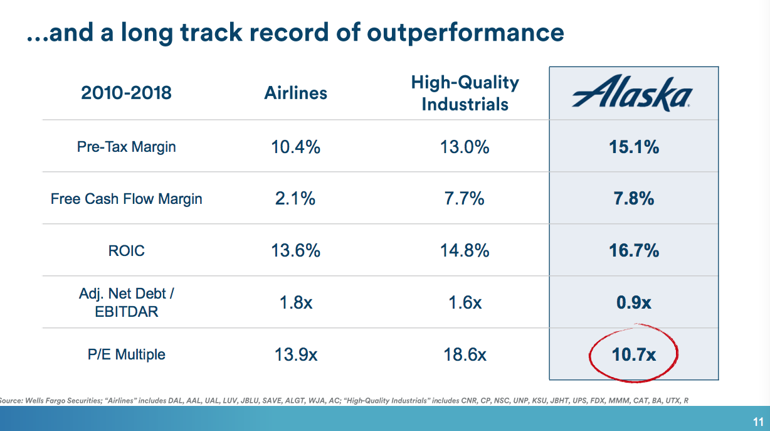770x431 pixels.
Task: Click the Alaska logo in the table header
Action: pos(633,94)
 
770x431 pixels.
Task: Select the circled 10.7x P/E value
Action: pos(633,354)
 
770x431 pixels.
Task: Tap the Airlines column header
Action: pos(295,93)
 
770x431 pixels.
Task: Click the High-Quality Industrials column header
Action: pos(465,93)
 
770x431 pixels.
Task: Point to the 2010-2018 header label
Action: pos(126,93)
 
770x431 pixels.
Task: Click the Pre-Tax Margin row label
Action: pos(126,147)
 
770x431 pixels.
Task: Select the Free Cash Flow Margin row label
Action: pos(126,199)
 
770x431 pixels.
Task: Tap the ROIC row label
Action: pos(126,251)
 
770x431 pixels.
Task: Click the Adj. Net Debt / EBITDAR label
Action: pos(126,302)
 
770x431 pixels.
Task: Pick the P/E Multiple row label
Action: pos(126,354)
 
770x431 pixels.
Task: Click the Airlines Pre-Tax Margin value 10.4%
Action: pos(295,147)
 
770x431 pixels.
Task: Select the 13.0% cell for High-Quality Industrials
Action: pos(465,147)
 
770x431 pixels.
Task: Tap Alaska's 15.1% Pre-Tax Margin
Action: pos(633,147)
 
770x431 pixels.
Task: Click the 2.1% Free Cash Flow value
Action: pos(295,199)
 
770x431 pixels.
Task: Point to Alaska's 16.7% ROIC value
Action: pos(633,251)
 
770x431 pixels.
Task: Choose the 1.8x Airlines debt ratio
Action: pos(295,302)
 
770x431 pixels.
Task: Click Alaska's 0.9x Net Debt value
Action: pos(633,302)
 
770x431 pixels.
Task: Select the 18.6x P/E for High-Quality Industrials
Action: pos(465,354)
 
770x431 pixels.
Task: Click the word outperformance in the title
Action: pos(465,32)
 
